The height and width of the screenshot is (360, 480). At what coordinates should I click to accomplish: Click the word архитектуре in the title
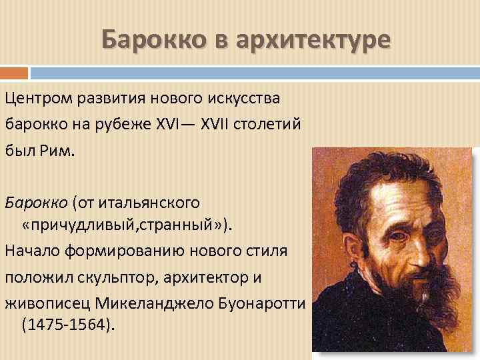[x=321, y=40]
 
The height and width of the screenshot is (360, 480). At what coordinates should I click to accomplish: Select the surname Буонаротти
[x=258, y=302]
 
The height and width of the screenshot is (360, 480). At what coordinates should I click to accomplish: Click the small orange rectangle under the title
[x=14, y=73]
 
